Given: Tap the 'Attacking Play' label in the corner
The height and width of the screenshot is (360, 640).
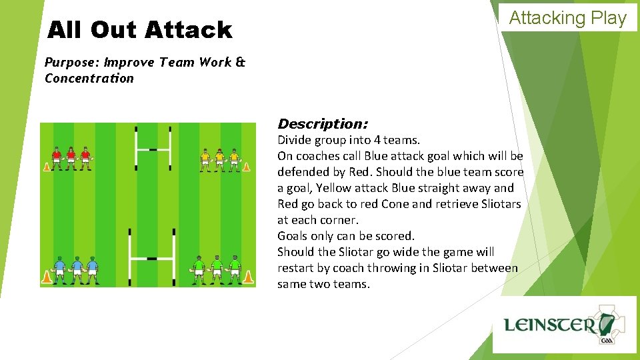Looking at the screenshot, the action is pyautogui.click(x=568, y=18).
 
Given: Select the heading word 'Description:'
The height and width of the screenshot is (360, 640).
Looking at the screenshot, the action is pyautogui.click(x=323, y=124).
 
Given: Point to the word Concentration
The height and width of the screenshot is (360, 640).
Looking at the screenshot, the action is pyautogui.click(x=89, y=79).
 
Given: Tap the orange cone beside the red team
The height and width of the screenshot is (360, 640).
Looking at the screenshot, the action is pyautogui.click(x=47, y=166).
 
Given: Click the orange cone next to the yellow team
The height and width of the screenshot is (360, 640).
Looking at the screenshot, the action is pyautogui.click(x=246, y=166).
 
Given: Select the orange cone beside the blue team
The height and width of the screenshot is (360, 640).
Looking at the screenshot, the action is pyautogui.click(x=47, y=277).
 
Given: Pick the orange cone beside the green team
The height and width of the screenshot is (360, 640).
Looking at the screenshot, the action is pyautogui.click(x=248, y=277).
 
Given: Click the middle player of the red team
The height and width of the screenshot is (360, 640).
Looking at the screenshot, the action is pyautogui.click(x=71, y=158).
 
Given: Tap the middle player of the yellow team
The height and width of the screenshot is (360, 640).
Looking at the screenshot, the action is pyautogui.click(x=220, y=159).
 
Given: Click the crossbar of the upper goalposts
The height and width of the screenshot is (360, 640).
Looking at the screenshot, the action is pyautogui.click(x=153, y=149).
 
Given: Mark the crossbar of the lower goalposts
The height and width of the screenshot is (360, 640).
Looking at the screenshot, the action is pyautogui.click(x=151, y=257).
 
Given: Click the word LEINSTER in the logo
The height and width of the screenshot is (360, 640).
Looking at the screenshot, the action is pyautogui.click(x=549, y=325).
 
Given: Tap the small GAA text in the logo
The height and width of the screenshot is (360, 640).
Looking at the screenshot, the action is pyautogui.click(x=607, y=340).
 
